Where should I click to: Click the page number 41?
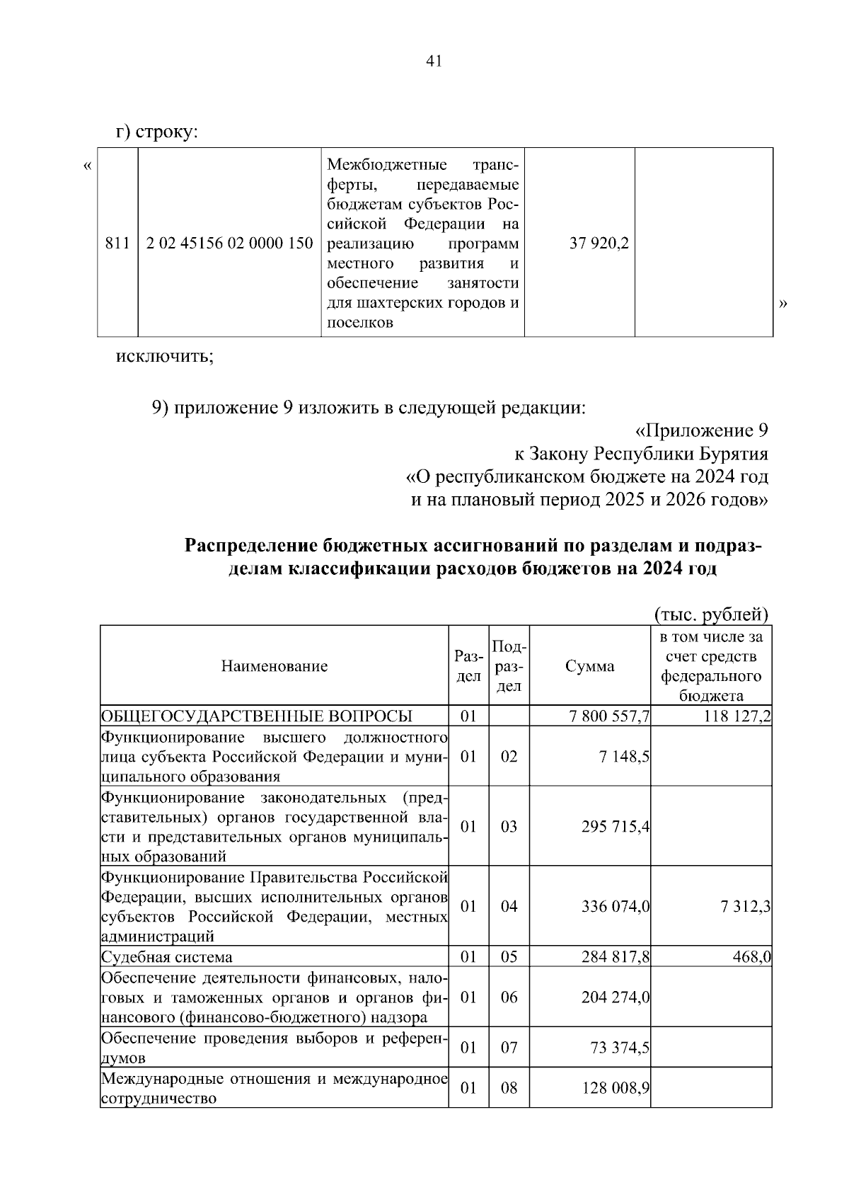[x=434, y=62]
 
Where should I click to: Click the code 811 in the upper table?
[x=117, y=244]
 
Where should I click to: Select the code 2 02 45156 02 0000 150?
[x=229, y=244]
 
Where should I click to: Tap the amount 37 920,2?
[x=599, y=244]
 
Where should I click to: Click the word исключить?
[x=164, y=355]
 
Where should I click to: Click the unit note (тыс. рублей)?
[x=711, y=614]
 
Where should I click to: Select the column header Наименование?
[x=275, y=665]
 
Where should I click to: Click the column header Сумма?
[x=590, y=665]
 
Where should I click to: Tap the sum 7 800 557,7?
[x=609, y=716]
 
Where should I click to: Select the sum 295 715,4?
[x=616, y=827]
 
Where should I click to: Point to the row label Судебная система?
[x=167, y=957]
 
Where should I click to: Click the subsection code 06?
[x=509, y=997]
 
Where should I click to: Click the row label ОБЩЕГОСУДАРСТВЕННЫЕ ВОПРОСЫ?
[x=257, y=716]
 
